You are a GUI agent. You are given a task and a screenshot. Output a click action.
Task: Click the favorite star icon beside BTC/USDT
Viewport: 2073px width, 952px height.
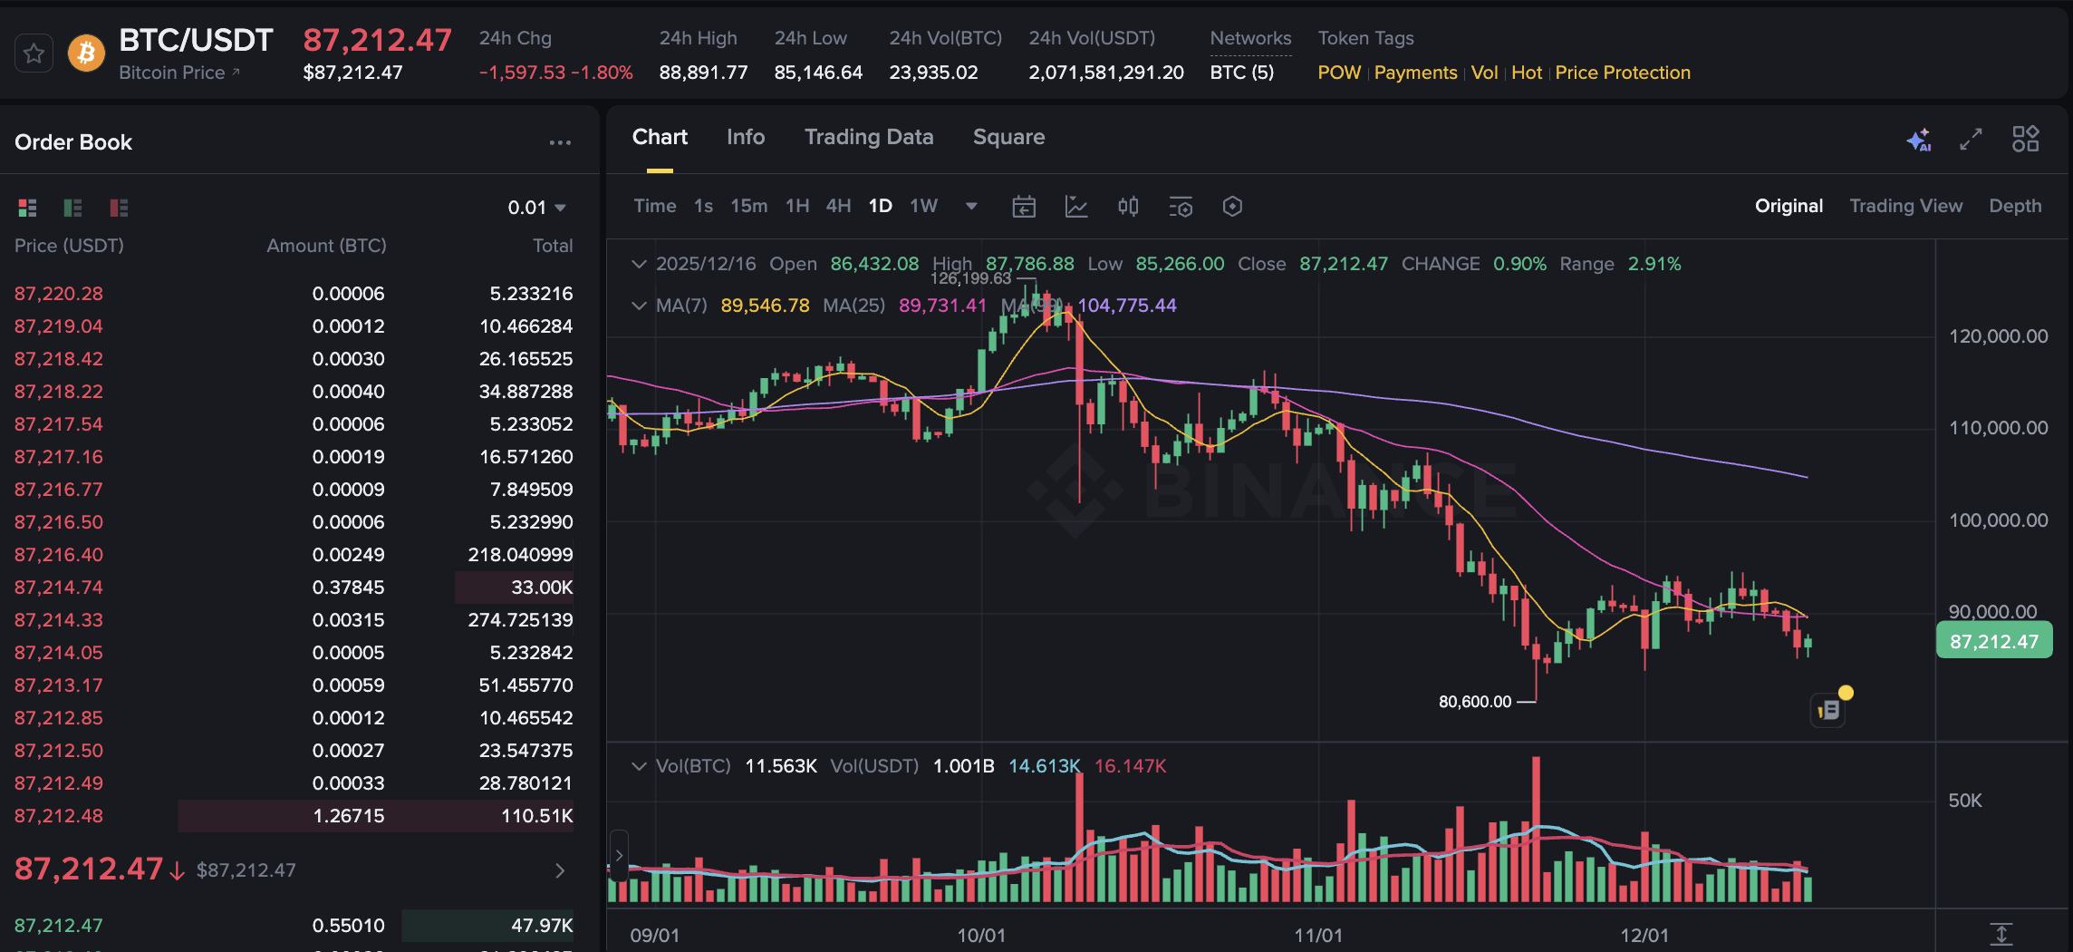click(x=34, y=53)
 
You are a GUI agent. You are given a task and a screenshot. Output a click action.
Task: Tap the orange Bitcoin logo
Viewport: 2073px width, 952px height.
click(x=86, y=53)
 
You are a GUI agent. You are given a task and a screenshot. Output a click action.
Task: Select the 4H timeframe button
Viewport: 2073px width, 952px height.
click(x=838, y=206)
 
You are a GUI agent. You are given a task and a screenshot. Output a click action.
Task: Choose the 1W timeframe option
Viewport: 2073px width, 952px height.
click(x=923, y=206)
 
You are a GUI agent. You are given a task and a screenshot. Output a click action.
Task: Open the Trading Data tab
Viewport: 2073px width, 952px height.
click(x=868, y=137)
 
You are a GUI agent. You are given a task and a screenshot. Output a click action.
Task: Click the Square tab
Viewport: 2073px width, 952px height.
click(x=1008, y=137)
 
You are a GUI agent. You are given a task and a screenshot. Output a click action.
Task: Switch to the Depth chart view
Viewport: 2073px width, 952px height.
click(x=2015, y=206)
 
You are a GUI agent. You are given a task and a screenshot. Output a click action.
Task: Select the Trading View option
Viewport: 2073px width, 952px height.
click(x=1905, y=206)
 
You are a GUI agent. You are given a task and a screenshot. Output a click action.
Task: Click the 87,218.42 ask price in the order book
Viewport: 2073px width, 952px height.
click(x=59, y=359)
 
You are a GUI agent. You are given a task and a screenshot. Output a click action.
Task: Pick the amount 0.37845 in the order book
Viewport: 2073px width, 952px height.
click(x=348, y=588)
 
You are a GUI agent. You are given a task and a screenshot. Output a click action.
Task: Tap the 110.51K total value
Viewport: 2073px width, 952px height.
click(x=536, y=816)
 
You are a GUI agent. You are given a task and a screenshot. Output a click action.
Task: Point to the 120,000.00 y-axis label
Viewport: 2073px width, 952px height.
click(x=1998, y=336)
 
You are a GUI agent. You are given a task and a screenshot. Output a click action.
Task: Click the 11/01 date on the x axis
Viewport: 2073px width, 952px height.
click(x=1318, y=935)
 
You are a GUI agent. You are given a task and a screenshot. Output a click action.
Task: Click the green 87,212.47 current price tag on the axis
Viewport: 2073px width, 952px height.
click(x=1993, y=642)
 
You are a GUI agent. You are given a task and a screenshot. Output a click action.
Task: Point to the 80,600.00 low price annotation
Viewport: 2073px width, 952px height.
click(x=1474, y=702)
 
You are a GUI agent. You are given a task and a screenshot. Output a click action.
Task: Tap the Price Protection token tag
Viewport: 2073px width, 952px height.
click(x=1622, y=73)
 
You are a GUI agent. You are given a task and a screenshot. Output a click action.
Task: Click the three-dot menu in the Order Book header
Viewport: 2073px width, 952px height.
click(x=560, y=142)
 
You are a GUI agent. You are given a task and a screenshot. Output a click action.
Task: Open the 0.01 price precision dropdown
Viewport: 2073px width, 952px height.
click(x=537, y=208)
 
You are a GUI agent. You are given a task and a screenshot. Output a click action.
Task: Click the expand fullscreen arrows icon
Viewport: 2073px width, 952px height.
click(x=1971, y=139)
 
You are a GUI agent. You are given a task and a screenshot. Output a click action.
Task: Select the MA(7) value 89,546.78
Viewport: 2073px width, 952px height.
click(x=765, y=306)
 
